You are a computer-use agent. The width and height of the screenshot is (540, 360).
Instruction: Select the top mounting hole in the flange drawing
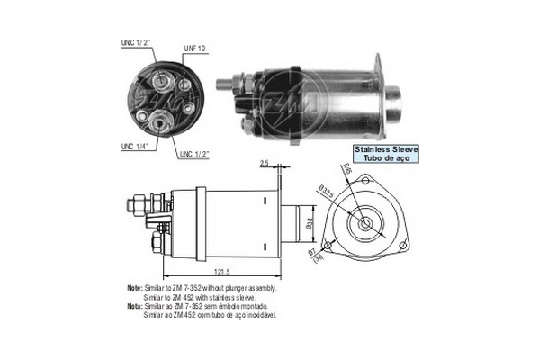pos(364,183)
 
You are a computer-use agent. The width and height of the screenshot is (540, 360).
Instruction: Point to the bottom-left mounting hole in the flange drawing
pos(328,246)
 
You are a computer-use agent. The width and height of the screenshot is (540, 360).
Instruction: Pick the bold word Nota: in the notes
pos(135,305)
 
